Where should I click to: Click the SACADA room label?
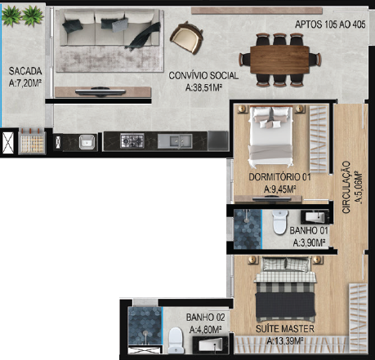25,71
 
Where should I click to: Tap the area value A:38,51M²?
203,87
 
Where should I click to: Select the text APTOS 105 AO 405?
330,24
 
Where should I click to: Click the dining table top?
279,60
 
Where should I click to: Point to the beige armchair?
187,38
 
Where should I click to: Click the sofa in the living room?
109,28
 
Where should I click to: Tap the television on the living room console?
100,92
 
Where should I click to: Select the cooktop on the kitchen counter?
132,140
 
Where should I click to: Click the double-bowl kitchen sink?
175,141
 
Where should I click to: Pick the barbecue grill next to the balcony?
33,141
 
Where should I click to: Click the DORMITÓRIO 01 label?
279,177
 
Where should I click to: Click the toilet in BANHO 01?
280,222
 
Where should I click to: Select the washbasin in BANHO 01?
315,217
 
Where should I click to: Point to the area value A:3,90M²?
310,242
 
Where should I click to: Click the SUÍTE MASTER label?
285,329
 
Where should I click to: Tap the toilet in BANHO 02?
176,340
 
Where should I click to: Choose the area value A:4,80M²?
205,330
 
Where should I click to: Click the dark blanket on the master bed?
285,305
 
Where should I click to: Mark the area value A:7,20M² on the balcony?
25,82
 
